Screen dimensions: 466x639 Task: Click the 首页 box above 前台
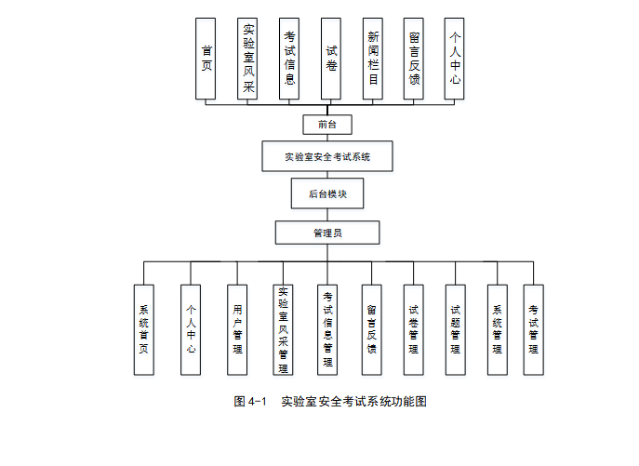tap(206, 58)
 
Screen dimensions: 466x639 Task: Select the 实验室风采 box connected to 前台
tap(247, 58)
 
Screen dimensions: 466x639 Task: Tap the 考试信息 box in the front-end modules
tap(289, 58)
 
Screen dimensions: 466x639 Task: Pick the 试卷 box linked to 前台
tap(330, 58)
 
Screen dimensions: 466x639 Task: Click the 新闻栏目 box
tap(372, 58)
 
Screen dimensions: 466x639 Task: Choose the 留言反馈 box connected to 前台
tap(414, 58)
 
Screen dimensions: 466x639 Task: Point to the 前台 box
tap(326, 124)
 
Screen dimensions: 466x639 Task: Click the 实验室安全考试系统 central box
tap(327, 156)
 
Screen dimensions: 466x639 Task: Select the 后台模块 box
tap(326, 193)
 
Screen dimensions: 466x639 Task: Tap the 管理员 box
tap(326, 233)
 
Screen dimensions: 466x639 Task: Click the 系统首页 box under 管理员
tap(144, 329)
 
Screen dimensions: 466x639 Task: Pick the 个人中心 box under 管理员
tap(191, 329)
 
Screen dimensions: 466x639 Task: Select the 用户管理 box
tap(237, 329)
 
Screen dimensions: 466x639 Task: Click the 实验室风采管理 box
tap(284, 329)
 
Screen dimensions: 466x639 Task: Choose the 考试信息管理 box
tap(327, 329)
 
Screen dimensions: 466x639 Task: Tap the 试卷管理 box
tap(413, 329)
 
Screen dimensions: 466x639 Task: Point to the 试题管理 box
tap(455, 329)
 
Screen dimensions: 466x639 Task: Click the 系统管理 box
tap(498, 329)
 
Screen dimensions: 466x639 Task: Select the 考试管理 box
tap(533, 329)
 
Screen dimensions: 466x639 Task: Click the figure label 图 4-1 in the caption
tap(250, 402)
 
